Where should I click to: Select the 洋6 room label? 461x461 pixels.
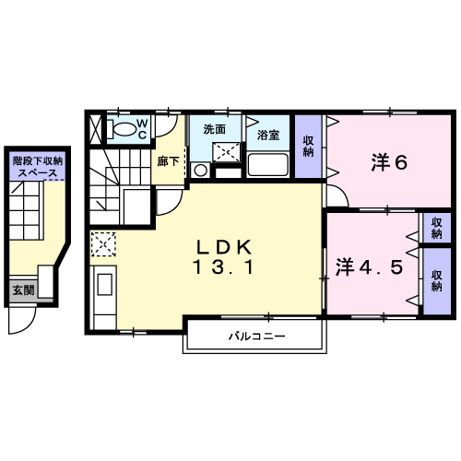389,163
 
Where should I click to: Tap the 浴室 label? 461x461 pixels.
268,133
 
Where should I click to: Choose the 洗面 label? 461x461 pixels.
215,129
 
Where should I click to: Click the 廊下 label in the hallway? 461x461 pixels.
168,160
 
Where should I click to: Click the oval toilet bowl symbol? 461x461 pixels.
121,129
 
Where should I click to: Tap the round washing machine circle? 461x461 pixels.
201,169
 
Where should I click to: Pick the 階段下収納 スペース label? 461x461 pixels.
37,167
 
